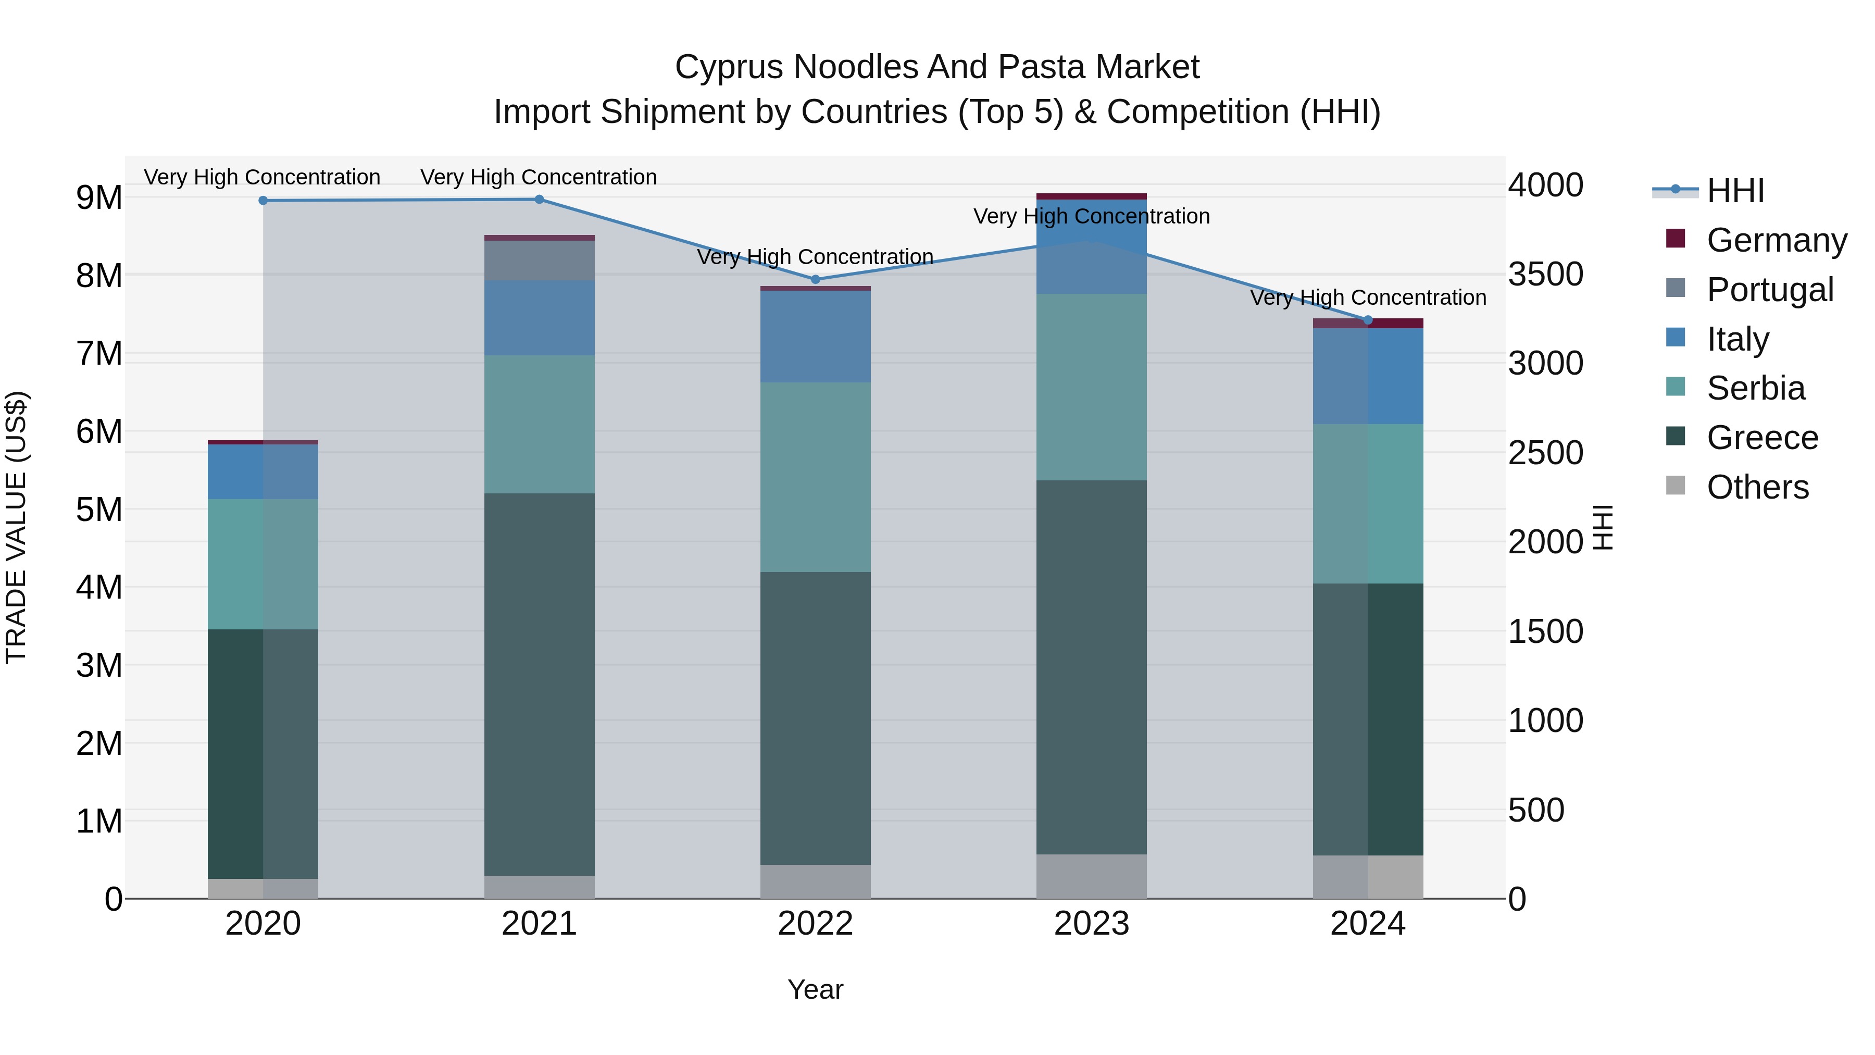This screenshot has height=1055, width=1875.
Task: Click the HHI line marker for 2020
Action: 264,200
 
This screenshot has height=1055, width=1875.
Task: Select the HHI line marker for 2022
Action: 815,280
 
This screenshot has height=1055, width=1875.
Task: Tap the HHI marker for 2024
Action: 1368,320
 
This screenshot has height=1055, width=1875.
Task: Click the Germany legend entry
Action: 1776,240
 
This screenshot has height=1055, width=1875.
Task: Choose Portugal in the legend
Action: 1769,290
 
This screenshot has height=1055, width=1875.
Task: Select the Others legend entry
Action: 1757,487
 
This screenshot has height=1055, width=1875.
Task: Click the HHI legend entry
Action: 1735,191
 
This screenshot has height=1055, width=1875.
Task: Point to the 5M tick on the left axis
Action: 99,510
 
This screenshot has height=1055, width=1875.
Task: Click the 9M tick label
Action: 99,198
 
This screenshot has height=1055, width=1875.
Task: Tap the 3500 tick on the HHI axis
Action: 1545,275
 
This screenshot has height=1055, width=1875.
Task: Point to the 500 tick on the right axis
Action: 1536,810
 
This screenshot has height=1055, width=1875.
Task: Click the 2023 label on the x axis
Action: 1091,924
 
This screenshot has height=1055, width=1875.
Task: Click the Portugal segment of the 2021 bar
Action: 540,260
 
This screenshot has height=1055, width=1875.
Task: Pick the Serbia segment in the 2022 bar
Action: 815,477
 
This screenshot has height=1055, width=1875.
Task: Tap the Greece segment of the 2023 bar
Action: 1091,667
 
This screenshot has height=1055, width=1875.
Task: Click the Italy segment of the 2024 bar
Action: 1368,376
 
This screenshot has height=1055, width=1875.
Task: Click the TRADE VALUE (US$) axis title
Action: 16,527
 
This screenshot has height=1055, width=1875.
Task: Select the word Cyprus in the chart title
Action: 729,67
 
